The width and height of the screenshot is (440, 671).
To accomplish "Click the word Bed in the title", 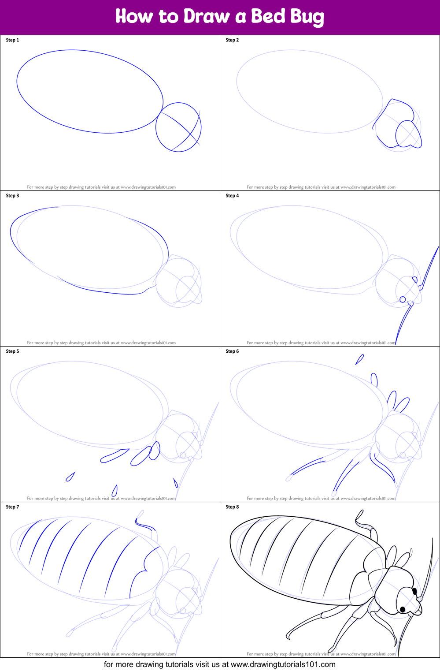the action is [268, 16].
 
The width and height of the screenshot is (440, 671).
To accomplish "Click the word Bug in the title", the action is [307, 17].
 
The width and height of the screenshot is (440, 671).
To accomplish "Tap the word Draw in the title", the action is [207, 16].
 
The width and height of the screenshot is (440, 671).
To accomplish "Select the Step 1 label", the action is [12, 40].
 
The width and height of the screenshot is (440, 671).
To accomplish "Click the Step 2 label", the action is [232, 40].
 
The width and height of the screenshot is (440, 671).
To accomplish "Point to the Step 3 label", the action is [12, 196].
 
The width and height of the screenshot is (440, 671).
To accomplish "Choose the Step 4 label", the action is [232, 196].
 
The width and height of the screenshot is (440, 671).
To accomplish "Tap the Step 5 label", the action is [12, 351].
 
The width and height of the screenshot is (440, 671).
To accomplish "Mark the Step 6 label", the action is [232, 351].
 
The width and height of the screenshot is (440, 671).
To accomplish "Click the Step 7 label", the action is [12, 507].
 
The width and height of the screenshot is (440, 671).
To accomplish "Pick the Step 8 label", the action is [232, 507].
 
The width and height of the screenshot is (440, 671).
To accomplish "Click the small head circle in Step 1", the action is [155, 127].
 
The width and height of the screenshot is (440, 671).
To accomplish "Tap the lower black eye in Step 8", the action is [403, 609].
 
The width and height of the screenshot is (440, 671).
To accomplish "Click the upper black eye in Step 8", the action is [414, 591].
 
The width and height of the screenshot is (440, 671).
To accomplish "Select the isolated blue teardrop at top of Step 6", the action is [359, 359].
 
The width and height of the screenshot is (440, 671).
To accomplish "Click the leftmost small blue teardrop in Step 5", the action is [70, 477].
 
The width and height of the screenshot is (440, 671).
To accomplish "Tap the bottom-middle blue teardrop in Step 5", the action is [115, 491].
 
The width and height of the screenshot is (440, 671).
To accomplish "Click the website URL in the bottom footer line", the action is [283, 664].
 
